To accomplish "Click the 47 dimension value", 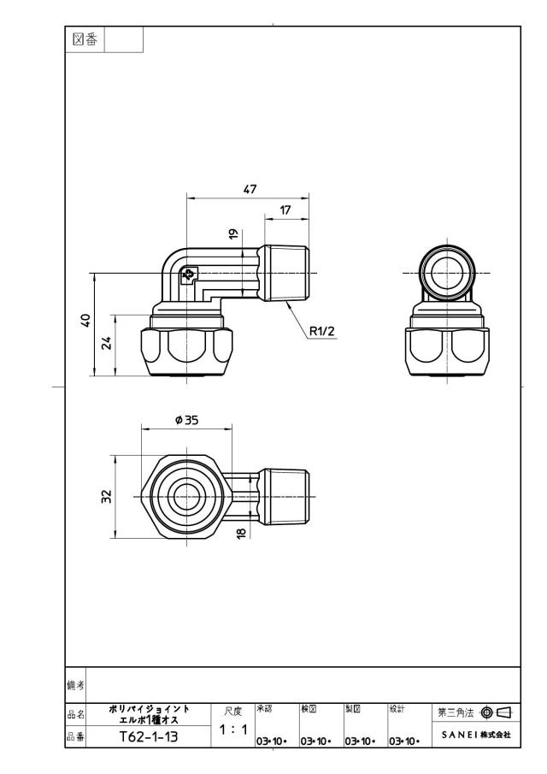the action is coord(250,189).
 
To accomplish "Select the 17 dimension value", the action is coord(285,210).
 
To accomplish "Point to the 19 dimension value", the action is coord(234,233).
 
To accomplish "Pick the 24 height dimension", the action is coord(107,343).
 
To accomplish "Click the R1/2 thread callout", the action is coord(321,331).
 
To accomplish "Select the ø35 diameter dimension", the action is coord(186,420).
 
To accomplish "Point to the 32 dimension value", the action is coord(107,497).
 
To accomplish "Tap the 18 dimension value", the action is coord(241,533).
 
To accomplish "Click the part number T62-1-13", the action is coord(149,737).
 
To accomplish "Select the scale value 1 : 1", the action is coord(233,730).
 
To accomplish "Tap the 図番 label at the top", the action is coord(85,39).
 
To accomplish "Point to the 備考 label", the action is coord(75,685).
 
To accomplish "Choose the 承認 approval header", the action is coord(264,709).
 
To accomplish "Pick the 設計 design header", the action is coord(397,709).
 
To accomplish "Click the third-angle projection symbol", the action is coord(497,712).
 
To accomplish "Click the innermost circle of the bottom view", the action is coord(186,497).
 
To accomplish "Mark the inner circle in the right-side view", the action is coord(445,273).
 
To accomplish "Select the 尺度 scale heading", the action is coord(233,712).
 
